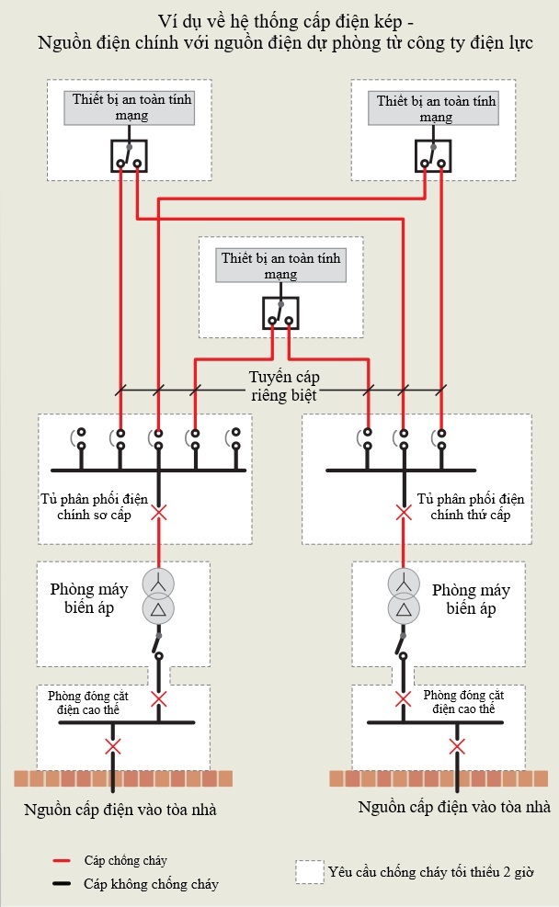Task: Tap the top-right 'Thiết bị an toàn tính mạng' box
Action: click(x=435, y=108)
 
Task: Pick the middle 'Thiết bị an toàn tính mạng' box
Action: click(x=280, y=266)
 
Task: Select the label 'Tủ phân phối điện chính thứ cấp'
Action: click(x=470, y=506)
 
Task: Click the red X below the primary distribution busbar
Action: click(x=159, y=512)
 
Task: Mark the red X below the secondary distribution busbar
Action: click(x=403, y=512)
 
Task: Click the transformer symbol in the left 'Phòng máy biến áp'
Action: click(x=158, y=595)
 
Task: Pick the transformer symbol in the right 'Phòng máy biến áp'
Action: click(x=402, y=595)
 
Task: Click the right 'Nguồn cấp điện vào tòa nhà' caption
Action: click(x=454, y=808)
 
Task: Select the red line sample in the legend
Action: click(x=63, y=861)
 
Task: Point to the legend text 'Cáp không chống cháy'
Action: click(x=151, y=884)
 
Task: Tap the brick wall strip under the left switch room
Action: click(x=122, y=778)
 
